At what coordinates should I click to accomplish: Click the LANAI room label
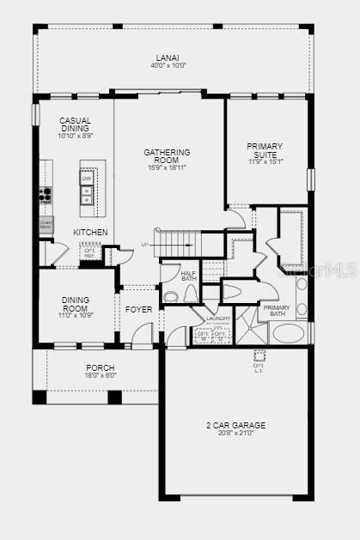(x=168, y=58)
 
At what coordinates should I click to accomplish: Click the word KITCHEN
(x=90, y=233)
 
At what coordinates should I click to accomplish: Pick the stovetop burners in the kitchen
(x=46, y=195)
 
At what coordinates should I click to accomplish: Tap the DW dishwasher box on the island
(x=86, y=179)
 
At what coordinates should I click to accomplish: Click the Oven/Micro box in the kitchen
(x=46, y=225)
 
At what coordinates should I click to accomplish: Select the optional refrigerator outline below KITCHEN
(x=88, y=252)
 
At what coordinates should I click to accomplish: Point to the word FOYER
(x=139, y=309)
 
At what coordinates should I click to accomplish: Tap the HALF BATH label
(x=188, y=276)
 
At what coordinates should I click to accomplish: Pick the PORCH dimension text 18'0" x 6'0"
(x=99, y=375)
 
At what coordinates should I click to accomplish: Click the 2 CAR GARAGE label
(x=235, y=425)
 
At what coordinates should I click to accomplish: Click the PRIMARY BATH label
(x=277, y=311)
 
